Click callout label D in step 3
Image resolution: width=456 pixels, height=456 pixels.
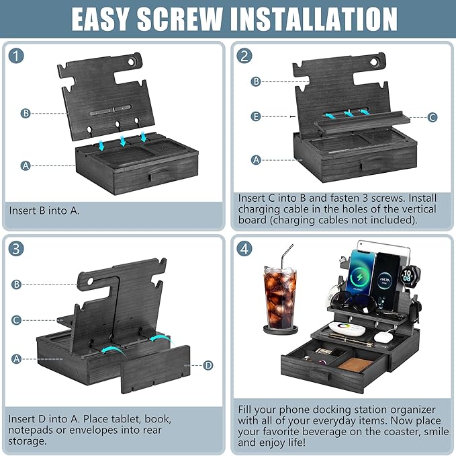(x=208, y=365)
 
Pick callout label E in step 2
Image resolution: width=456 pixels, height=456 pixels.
(x=256, y=116)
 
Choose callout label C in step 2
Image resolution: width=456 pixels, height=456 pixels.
(x=432, y=117)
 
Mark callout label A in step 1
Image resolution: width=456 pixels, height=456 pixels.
(x=26, y=165)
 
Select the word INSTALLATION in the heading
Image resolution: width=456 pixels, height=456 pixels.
(x=321, y=20)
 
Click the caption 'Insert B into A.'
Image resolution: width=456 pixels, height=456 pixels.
(x=44, y=211)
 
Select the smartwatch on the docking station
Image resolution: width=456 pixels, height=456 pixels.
(x=408, y=276)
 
